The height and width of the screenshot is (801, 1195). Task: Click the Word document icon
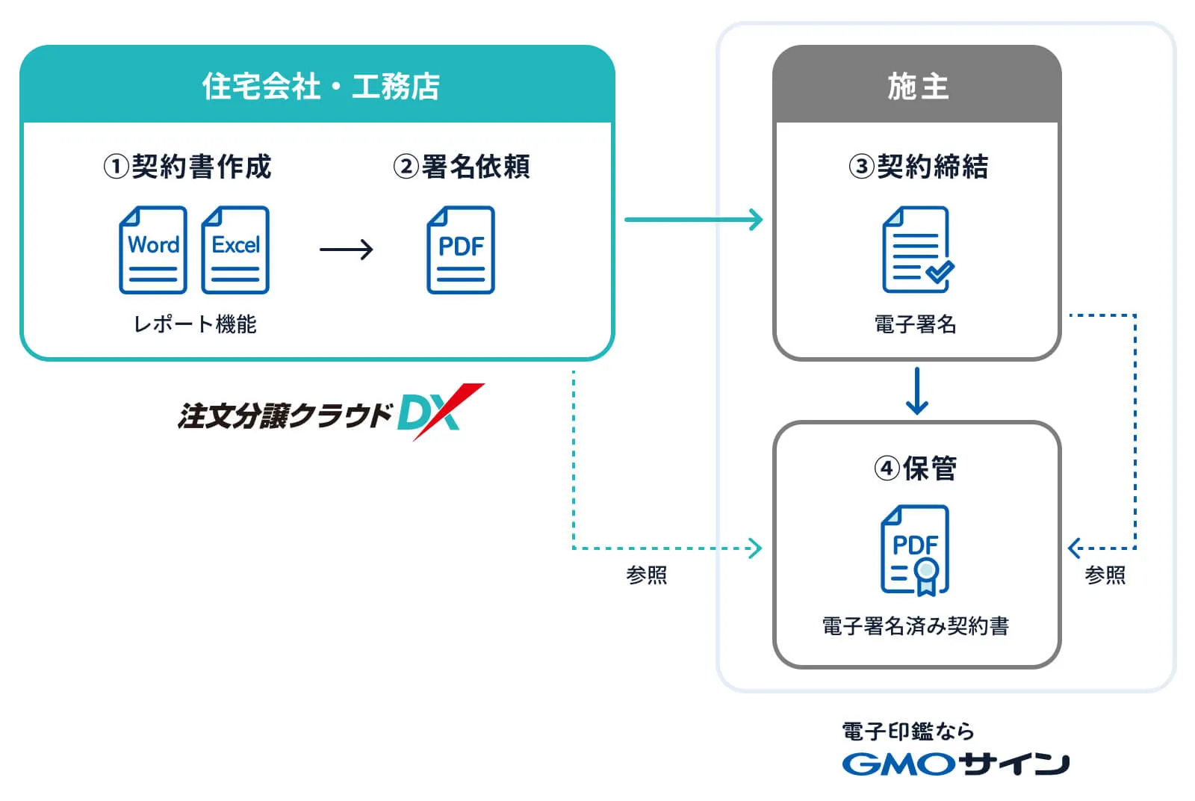(x=153, y=250)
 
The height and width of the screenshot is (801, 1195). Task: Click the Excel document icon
(x=235, y=250)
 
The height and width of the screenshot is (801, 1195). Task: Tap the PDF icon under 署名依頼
(x=461, y=250)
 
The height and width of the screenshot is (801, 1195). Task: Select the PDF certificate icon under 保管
(x=916, y=551)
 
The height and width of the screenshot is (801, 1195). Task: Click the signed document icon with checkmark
(x=918, y=250)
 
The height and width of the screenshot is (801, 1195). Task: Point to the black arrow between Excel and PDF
(x=346, y=250)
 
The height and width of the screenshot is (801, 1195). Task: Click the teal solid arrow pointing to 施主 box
(x=693, y=220)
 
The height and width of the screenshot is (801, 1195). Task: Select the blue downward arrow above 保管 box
(x=916, y=391)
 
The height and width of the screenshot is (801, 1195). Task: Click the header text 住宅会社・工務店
(x=320, y=86)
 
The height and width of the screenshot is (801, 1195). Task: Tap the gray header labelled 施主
(x=917, y=86)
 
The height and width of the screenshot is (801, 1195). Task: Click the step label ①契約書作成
(x=187, y=166)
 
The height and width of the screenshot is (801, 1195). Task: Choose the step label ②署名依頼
(x=462, y=166)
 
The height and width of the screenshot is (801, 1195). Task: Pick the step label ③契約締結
(x=918, y=166)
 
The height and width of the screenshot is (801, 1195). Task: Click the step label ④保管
(x=915, y=468)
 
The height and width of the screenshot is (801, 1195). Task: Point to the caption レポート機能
(x=195, y=324)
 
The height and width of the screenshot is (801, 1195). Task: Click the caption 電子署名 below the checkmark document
(x=915, y=324)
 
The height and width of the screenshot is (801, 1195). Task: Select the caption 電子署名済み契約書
(x=915, y=625)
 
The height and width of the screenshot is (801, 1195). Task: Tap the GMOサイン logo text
(x=955, y=763)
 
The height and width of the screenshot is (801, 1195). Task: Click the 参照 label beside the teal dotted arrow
(x=646, y=575)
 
